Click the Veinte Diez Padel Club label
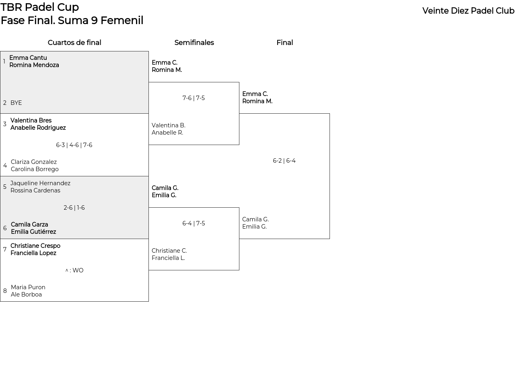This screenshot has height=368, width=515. (x=468, y=11)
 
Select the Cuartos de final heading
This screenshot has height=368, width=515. (x=74, y=43)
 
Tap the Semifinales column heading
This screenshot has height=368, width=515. (x=194, y=43)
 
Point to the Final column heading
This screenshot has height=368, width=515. (x=284, y=43)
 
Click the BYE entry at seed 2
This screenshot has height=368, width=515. (x=16, y=102)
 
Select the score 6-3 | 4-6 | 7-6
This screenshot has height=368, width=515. (x=74, y=145)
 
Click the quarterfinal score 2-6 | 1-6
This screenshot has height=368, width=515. (x=74, y=208)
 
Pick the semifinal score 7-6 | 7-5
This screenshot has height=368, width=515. (x=194, y=98)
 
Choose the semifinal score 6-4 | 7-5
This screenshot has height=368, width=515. (x=194, y=223)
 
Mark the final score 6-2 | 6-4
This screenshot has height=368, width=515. (x=284, y=160)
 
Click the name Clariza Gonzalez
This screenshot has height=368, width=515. (x=34, y=162)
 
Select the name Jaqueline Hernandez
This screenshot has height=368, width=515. (x=41, y=183)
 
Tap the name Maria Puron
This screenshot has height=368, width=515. (x=28, y=287)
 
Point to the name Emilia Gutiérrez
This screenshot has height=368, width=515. (x=33, y=232)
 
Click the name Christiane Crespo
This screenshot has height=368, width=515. (x=35, y=245)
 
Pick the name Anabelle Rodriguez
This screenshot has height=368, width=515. (x=38, y=128)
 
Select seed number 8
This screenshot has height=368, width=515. (x=5, y=291)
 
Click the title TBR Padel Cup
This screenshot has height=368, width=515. (x=39, y=7)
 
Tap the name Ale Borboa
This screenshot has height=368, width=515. (x=26, y=294)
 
